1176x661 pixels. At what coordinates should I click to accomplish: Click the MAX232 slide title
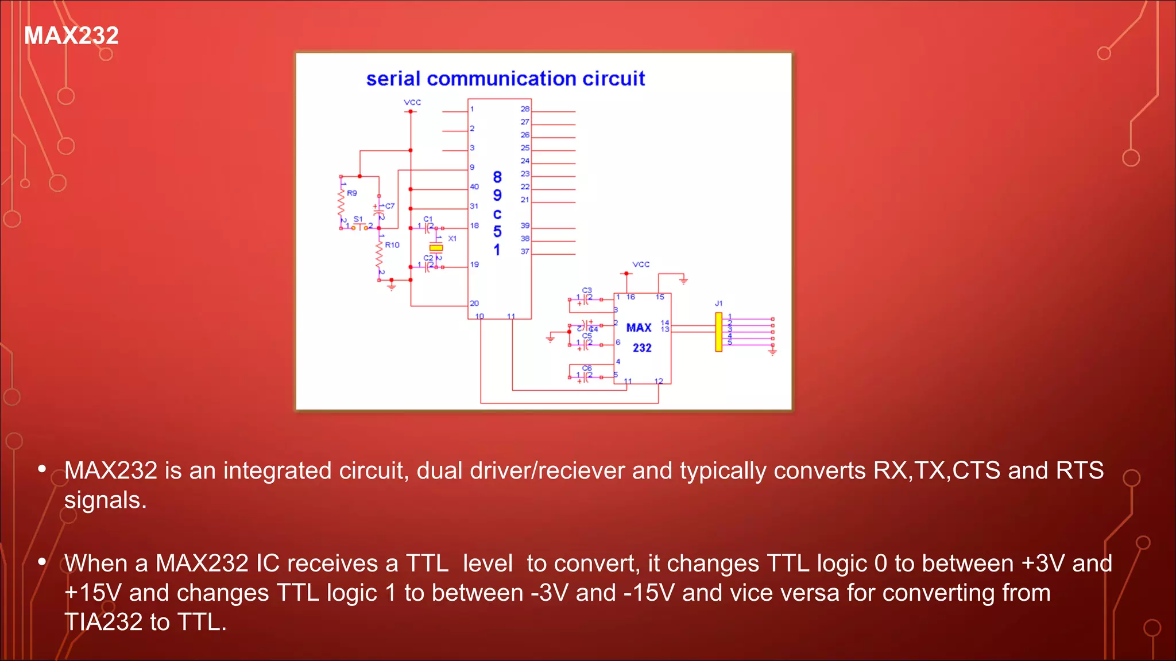71,36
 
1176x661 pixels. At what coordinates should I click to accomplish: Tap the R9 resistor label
352,193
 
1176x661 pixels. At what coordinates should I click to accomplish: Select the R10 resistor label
392,245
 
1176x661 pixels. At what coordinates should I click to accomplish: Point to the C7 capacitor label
390,206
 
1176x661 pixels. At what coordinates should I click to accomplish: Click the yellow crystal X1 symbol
436,248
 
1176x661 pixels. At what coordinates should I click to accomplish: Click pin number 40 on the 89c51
474,186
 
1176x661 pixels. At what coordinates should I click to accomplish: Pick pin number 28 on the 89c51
525,109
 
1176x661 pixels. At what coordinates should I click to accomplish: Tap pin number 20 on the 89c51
474,304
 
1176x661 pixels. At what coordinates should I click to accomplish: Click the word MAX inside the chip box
639,328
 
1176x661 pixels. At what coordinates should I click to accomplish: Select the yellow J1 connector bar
718,332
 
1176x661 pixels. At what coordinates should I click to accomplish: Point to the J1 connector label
719,304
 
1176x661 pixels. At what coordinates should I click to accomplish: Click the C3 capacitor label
587,290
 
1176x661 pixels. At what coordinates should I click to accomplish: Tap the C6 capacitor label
587,368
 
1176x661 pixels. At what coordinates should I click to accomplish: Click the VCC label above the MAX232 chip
641,265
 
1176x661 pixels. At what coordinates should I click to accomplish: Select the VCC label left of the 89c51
412,103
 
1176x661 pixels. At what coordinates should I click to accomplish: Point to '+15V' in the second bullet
92,593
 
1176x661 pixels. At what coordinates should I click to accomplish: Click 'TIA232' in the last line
103,623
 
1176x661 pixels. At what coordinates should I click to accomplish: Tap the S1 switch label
358,219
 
